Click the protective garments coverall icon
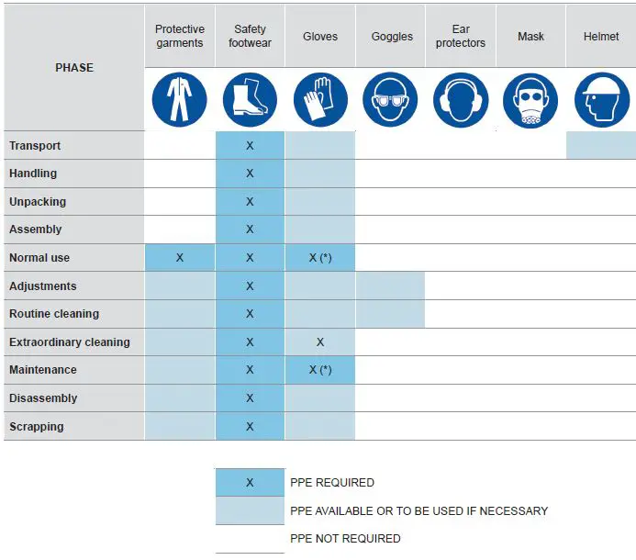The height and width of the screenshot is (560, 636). click(180, 99)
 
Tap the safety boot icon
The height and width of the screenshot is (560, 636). click(250, 99)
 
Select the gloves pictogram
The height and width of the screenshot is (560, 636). click(320, 99)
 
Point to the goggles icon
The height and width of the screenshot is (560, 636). click(391, 99)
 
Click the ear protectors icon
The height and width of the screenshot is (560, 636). click(461, 99)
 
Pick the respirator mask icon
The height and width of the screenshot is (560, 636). click(530, 99)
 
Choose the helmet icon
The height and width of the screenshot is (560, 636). click(601, 99)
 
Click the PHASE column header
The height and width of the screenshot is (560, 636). click(74, 68)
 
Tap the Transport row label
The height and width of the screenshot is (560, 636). click(35, 146)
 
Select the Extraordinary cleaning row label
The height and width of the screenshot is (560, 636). click(70, 342)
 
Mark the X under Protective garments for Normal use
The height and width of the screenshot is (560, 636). click(180, 258)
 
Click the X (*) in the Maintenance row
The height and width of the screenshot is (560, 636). click(320, 370)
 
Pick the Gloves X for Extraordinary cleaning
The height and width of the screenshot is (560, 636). click(320, 342)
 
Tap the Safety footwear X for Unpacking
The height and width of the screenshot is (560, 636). click(250, 202)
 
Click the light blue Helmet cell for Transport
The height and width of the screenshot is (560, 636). click(601, 145)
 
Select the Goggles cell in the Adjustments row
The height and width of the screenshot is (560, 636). click(391, 286)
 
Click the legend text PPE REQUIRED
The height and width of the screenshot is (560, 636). click(332, 483)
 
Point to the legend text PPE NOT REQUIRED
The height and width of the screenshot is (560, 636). click(345, 539)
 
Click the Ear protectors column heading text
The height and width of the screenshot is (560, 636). click(461, 36)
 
